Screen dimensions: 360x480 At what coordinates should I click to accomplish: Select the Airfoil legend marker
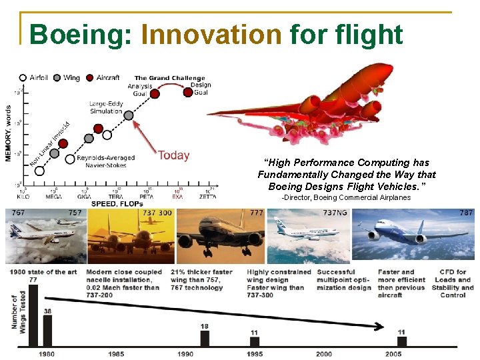point(23,78)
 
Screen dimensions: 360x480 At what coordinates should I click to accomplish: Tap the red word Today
point(174,155)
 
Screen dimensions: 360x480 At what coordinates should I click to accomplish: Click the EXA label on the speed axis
point(178,197)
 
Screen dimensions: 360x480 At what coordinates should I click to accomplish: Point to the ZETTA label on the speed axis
point(207,197)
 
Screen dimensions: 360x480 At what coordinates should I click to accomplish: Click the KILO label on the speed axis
point(23,197)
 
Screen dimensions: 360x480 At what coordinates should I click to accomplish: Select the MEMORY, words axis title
point(9,133)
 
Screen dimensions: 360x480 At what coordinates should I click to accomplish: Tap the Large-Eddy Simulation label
point(107,107)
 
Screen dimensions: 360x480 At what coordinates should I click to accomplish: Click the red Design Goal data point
point(189,92)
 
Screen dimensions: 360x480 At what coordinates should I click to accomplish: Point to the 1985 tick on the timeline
point(116,354)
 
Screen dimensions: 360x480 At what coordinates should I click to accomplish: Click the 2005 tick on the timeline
point(393,354)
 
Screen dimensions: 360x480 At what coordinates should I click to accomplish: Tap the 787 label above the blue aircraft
point(466,213)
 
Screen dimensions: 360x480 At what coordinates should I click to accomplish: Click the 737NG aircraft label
point(335,213)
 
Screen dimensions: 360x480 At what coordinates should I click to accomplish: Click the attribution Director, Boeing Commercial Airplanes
point(346,197)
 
